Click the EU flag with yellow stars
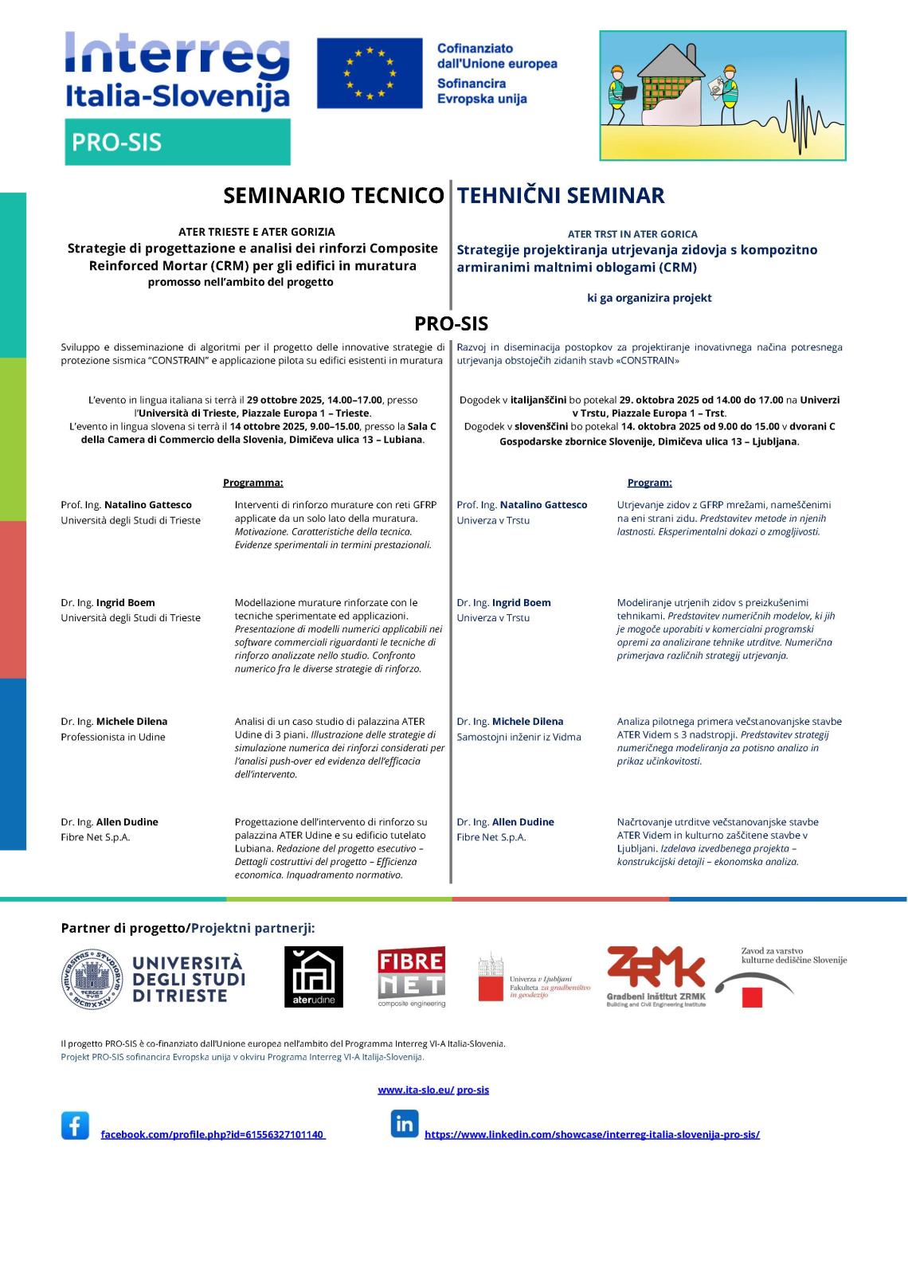(370, 73)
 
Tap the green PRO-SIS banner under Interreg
(177, 142)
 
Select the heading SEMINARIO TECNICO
(333, 196)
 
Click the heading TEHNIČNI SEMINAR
(561, 196)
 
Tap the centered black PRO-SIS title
(451, 323)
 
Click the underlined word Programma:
(253, 483)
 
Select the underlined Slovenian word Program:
(649, 483)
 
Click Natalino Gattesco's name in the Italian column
(148, 505)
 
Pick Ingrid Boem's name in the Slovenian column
(521, 603)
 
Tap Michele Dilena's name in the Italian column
(131, 722)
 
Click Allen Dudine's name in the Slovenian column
(522, 822)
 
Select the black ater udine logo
(314, 977)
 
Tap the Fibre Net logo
(411, 977)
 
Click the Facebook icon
(75, 1126)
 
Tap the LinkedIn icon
(405, 1124)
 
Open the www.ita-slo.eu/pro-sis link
(433, 1090)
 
